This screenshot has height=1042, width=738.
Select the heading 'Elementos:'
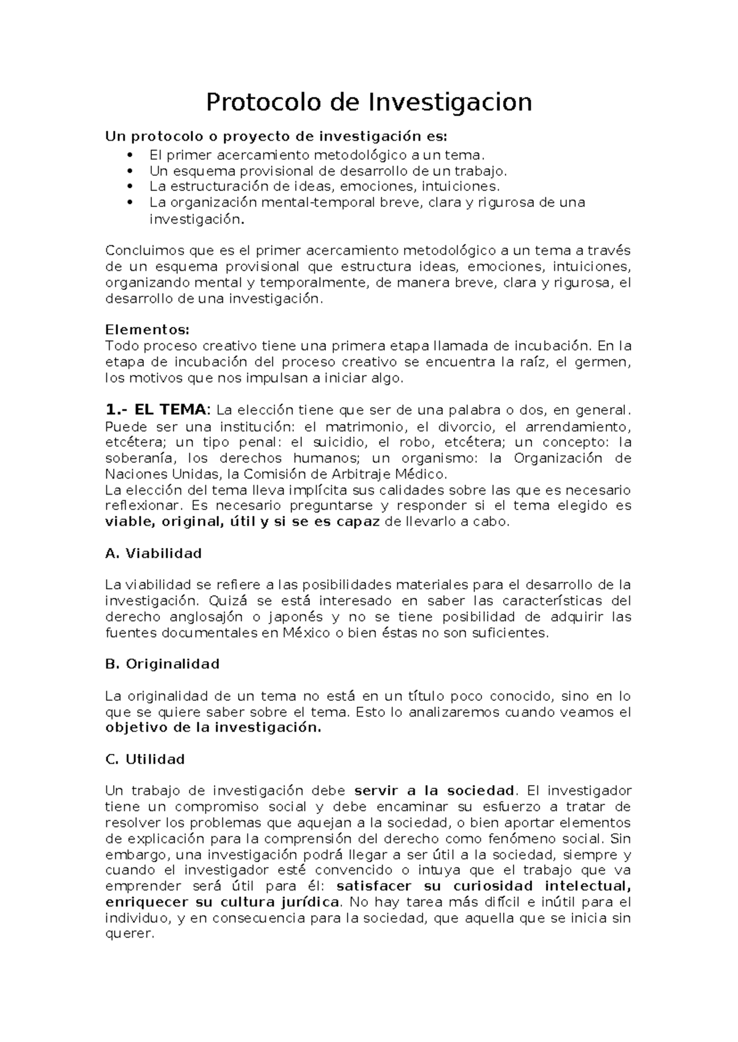pyautogui.click(x=148, y=330)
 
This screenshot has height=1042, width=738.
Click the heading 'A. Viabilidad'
pyautogui.click(x=154, y=553)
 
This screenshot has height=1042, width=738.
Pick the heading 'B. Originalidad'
pyautogui.click(x=162, y=664)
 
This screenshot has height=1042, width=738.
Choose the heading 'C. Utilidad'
pyautogui.click(x=145, y=759)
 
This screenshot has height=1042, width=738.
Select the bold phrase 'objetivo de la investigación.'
pyautogui.click(x=213, y=727)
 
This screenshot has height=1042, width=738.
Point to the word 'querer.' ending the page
pyautogui.click(x=128, y=934)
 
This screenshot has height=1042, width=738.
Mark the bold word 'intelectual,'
pyautogui.click(x=588, y=886)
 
